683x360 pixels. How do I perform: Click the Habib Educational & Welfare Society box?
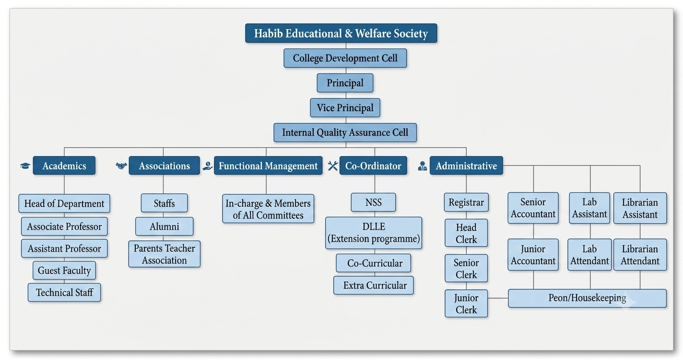tap(341, 33)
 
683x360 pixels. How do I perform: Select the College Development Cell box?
tap(345, 58)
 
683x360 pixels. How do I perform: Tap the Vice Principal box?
tap(345, 107)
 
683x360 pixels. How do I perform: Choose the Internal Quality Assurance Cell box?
tap(345, 133)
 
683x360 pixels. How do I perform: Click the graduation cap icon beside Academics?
tap(25, 166)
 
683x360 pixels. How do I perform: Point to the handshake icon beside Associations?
tap(121, 166)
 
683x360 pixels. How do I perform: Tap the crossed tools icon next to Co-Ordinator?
tap(333, 166)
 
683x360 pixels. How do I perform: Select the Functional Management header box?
tap(268, 165)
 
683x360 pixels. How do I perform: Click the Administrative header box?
tap(466, 165)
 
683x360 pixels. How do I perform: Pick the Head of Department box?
tap(64, 203)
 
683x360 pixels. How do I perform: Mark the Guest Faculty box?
tap(64, 270)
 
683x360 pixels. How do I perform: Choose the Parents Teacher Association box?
tap(165, 254)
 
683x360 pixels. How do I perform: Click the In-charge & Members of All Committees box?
tap(268, 209)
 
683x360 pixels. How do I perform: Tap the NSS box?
tap(373, 202)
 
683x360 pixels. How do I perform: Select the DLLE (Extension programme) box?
tap(374, 233)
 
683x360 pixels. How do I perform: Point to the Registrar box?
tap(466, 202)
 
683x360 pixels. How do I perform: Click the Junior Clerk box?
tap(466, 303)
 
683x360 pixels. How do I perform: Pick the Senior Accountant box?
tap(533, 208)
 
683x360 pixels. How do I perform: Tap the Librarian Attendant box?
tap(640, 255)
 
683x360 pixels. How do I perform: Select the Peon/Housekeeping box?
tap(587, 298)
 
